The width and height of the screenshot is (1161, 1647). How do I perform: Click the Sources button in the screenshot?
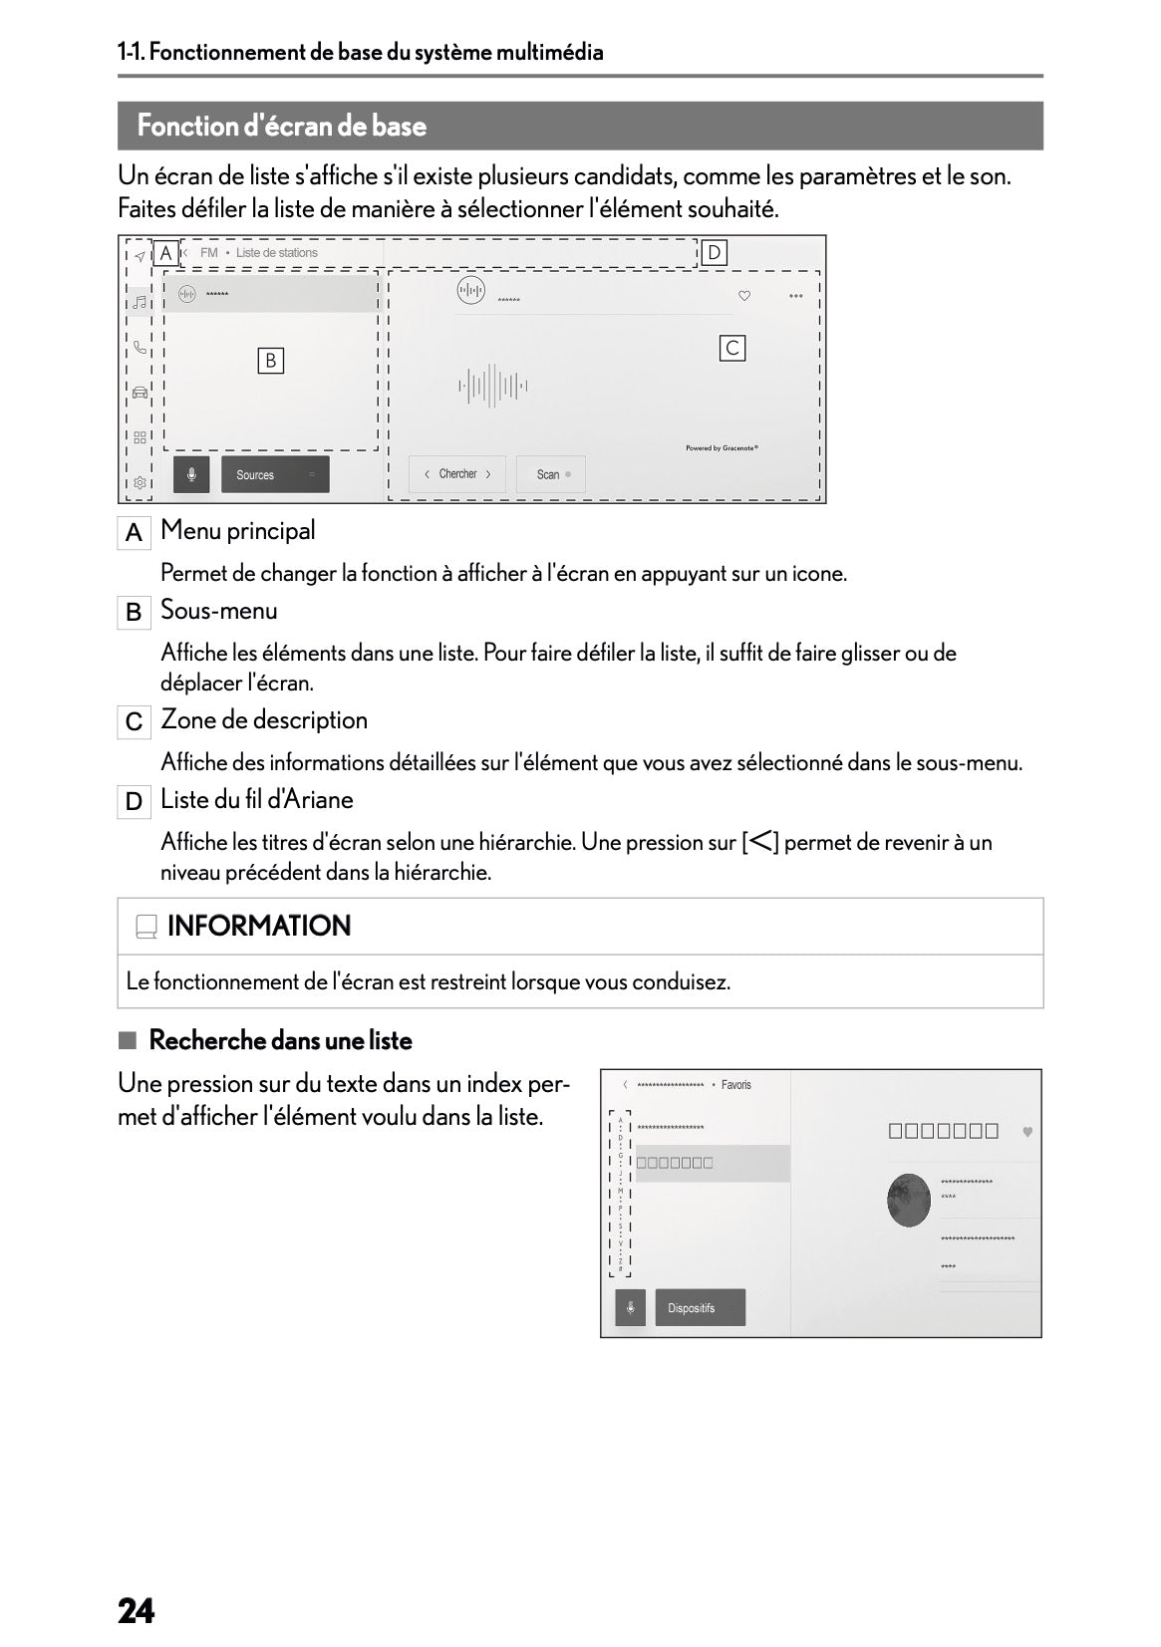tap(274, 475)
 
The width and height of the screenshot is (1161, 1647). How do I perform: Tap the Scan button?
tap(550, 474)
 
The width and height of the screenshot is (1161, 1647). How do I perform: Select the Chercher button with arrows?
tap(457, 474)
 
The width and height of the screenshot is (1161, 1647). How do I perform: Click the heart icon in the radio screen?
tap(743, 296)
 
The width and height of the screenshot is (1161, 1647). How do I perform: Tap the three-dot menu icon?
tap(795, 296)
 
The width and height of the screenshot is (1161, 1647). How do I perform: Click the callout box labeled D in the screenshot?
tap(714, 253)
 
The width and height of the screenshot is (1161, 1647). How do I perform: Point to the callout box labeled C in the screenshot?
tap(732, 348)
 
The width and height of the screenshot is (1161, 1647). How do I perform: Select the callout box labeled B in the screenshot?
tap(270, 361)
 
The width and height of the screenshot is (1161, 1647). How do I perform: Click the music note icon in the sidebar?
tap(140, 302)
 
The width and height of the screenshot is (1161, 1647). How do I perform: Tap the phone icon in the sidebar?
tap(140, 347)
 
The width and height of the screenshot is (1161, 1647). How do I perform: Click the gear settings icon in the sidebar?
tap(140, 483)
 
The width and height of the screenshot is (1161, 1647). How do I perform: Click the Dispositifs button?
tap(700, 1308)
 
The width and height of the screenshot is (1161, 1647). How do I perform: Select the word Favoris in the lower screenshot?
tap(735, 1085)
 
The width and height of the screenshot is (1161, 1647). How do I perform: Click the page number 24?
tap(137, 1611)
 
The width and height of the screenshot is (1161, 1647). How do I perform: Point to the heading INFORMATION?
tap(259, 927)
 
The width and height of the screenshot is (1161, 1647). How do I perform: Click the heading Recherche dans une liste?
tap(280, 1041)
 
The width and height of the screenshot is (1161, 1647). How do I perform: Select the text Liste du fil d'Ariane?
tap(257, 800)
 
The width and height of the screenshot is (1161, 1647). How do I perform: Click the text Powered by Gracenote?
tap(722, 448)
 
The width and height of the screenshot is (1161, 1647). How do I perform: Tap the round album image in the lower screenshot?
tap(908, 1201)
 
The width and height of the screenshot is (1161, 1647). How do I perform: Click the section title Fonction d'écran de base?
tap(282, 127)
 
